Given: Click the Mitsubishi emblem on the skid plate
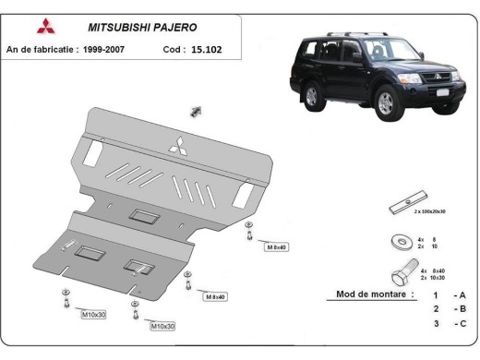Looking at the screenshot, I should pyautogui.click(x=175, y=142).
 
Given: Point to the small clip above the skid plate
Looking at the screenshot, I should pyautogui.click(x=197, y=112).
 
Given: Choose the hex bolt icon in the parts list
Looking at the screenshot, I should pyautogui.click(x=403, y=274).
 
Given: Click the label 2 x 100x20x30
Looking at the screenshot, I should pyautogui.click(x=430, y=212).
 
